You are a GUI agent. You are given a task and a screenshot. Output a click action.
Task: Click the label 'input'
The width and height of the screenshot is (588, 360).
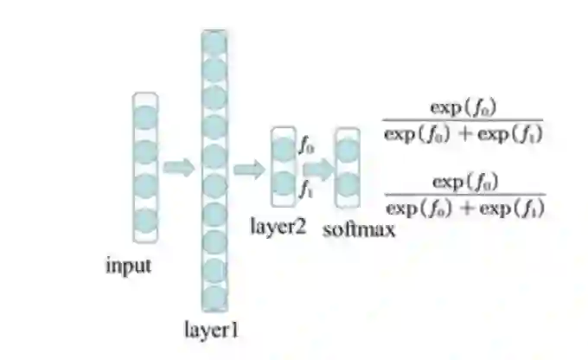point(128,266)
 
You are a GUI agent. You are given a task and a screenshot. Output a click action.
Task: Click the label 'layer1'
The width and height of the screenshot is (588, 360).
point(211,329)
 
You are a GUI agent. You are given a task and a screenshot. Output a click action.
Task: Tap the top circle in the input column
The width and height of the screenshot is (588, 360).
point(146,117)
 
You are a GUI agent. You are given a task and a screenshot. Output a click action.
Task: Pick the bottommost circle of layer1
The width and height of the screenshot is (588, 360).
point(214,297)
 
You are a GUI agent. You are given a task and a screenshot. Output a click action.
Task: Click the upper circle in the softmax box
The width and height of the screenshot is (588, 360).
point(348,151)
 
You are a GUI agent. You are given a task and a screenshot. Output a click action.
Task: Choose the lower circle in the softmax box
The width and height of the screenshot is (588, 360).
point(348,185)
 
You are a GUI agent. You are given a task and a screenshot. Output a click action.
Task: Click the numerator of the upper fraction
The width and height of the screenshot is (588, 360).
point(466,109)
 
